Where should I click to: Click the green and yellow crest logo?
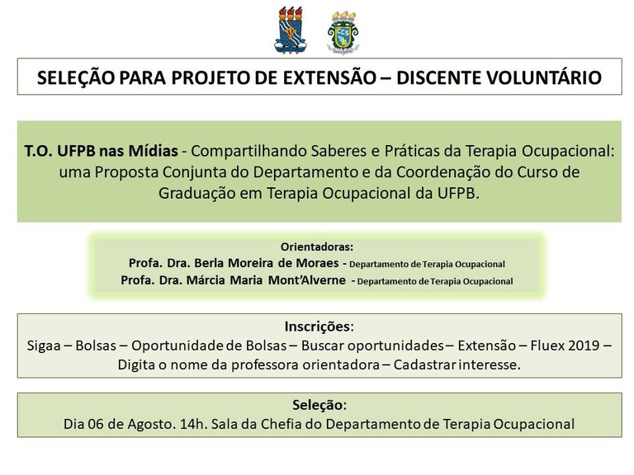[x=343, y=32]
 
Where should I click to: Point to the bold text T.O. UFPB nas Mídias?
[x=102, y=154]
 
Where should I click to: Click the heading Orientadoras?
[x=318, y=247]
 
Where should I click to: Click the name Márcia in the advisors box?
[x=218, y=280]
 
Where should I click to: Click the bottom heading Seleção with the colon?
[x=319, y=406]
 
